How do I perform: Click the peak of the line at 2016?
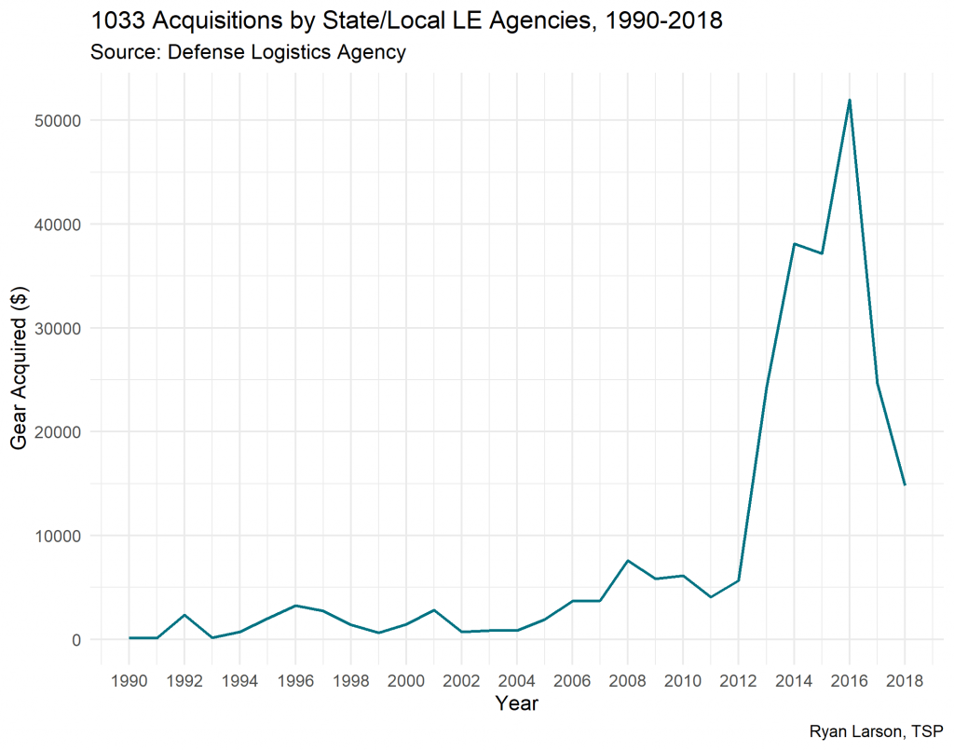click(x=850, y=100)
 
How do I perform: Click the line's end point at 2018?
click(x=905, y=484)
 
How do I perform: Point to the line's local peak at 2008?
click(x=628, y=561)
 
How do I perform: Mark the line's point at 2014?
click(x=794, y=244)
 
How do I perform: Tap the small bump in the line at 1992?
click(x=184, y=615)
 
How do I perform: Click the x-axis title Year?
click(x=516, y=704)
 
